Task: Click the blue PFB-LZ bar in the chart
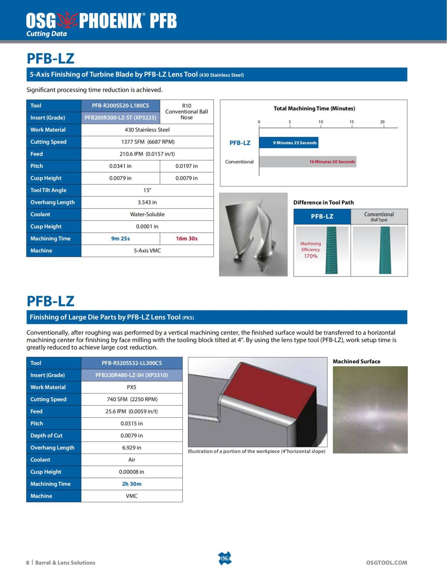click(289, 143)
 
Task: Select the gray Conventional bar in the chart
click(308, 162)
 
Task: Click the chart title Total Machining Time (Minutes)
click(314, 109)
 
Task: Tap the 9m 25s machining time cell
click(120, 239)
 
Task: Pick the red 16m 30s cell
click(187, 239)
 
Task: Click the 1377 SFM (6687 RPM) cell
click(148, 142)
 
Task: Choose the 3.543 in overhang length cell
click(148, 202)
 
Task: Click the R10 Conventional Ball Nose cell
click(187, 112)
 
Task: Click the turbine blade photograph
click(253, 234)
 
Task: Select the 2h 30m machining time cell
click(131, 484)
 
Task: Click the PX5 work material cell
click(131, 387)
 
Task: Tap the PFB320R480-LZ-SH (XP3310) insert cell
click(131, 375)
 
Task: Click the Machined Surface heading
click(356, 361)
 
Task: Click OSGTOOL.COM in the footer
click(387, 563)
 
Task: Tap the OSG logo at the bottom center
click(224, 558)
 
